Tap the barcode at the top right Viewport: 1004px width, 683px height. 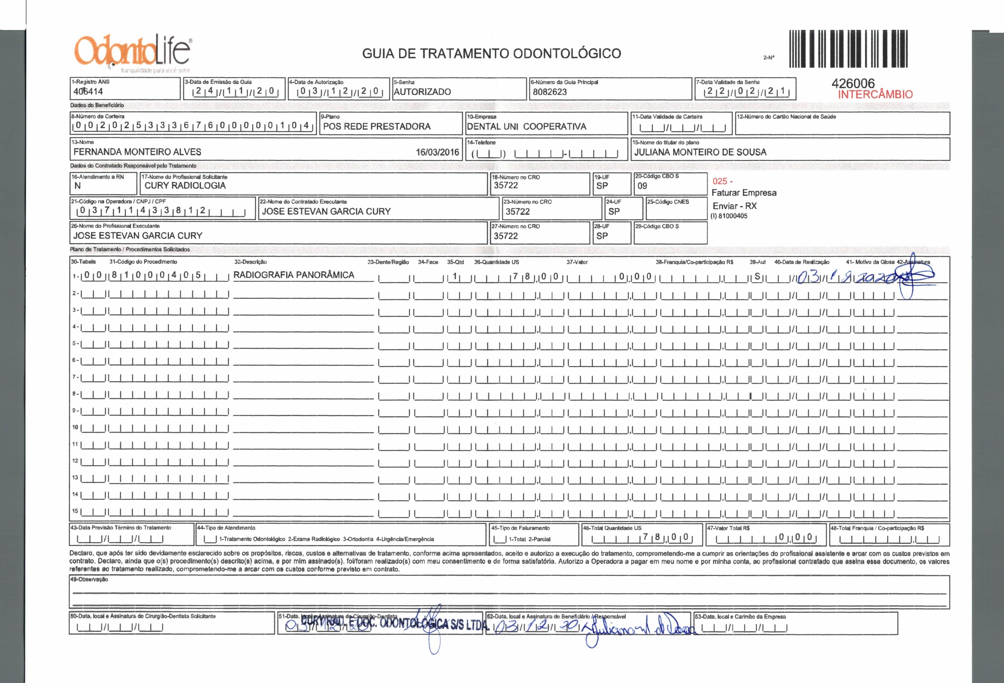pos(848,49)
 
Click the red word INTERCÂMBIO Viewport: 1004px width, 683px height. pos(875,95)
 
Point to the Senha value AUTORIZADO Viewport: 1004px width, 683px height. pos(422,92)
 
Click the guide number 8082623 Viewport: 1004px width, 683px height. pos(550,92)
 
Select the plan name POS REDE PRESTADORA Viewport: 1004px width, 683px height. pos(377,126)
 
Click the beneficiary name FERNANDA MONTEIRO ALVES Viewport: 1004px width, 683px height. pos(137,152)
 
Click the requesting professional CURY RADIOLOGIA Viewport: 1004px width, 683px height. pos(185,185)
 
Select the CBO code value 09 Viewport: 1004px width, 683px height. pos(642,186)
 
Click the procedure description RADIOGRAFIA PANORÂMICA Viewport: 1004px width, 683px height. pos(294,275)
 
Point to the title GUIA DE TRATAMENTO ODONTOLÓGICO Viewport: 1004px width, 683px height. pos(492,54)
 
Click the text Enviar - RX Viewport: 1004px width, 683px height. pos(734,206)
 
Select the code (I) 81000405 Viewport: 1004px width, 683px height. pos(729,216)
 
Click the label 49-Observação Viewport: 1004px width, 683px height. pos(89,579)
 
